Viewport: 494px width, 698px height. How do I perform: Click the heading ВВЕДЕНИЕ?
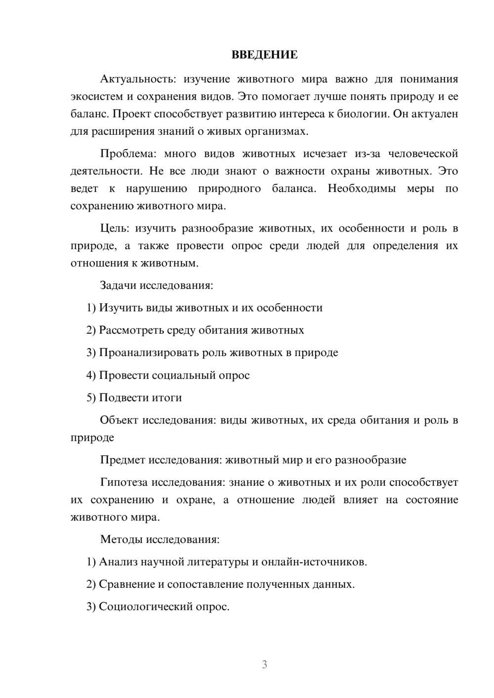[x=264, y=55]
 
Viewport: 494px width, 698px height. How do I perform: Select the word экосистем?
[x=93, y=97]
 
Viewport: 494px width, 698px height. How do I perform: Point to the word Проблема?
[x=128, y=154]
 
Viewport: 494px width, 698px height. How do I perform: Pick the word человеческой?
[x=423, y=154]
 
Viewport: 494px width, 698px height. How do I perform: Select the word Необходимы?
[x=362, y=189]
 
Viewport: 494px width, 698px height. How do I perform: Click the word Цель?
[x=115, y=229]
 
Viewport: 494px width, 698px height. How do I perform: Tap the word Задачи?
[x=118, y=285]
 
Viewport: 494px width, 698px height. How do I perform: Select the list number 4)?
[x=91, y=375]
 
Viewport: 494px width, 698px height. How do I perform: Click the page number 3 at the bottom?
[x=264, y=664]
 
